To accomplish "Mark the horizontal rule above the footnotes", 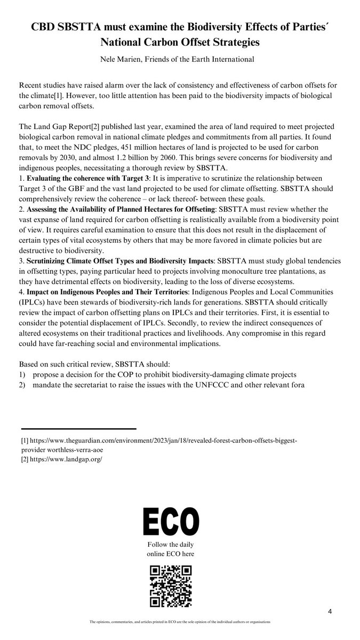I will coord(79,429).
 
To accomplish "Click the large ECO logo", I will coord(171,521).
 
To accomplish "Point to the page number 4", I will coord(330,611).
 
